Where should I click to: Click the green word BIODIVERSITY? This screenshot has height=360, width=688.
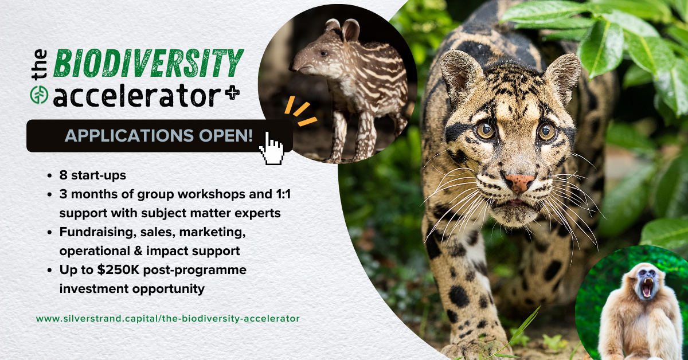point(148,63)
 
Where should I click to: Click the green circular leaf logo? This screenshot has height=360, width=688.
point(40,95)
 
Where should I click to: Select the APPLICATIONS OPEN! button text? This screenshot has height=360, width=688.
point(158,135)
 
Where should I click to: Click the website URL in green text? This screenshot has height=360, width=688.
point(167,319)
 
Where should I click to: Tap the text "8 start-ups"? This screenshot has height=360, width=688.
point(93,175)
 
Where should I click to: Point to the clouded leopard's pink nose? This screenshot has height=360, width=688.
point(519,182)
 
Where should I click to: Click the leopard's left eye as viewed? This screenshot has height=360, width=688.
point(485,130)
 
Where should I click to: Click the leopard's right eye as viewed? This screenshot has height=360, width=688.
point(547,132)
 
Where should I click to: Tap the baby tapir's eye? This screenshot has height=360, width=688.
point(324,53)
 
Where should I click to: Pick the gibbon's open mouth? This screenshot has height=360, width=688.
point(647,288)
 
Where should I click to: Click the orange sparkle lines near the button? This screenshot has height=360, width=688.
point(300,111)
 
